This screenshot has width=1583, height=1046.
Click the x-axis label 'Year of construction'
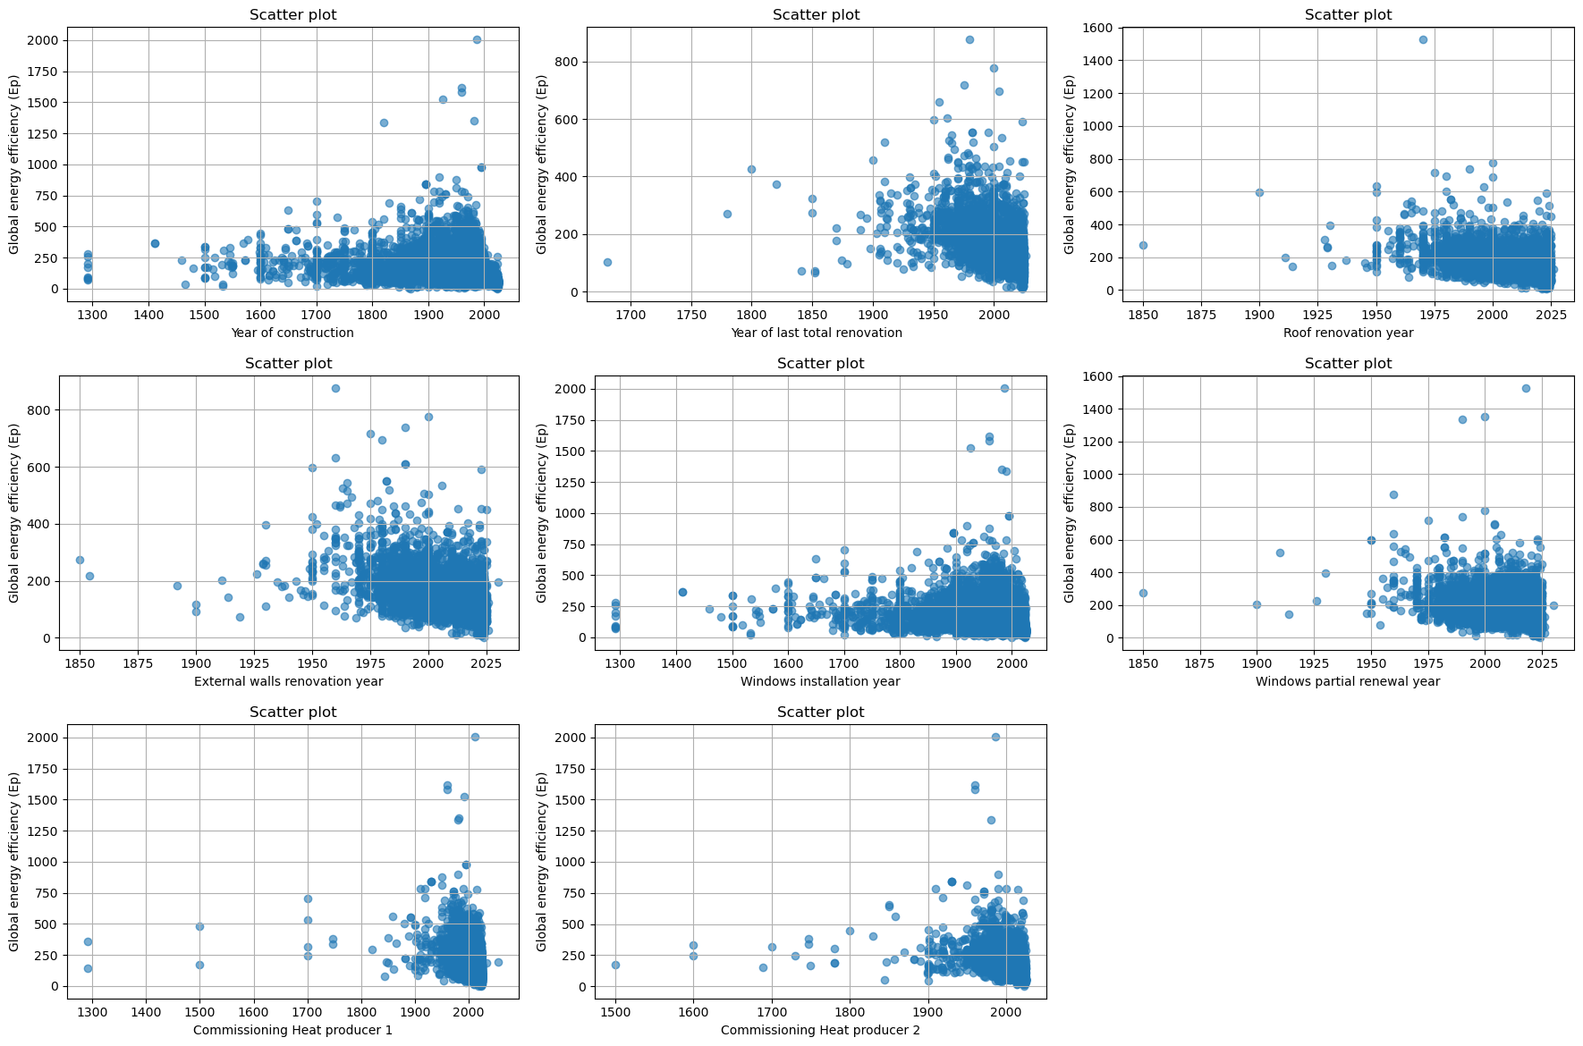tap(292, 333)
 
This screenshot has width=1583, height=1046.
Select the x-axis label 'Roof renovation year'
tap(1348, 333)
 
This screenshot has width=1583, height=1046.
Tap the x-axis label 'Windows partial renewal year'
tap(1348, 681)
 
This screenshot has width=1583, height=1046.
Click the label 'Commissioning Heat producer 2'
tap(820, 1030)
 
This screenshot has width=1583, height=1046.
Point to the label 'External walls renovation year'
tap(288, 681)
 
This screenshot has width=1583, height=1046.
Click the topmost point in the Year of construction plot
tap(477, 39)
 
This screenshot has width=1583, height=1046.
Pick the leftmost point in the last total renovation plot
tap(607, 262)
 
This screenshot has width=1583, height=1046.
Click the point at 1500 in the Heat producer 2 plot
tap(615, 965)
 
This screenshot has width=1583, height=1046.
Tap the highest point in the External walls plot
tap(335, 388)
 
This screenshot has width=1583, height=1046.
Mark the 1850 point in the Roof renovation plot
tap(1143, 245)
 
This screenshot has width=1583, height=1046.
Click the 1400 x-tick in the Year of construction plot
tap(148, 315)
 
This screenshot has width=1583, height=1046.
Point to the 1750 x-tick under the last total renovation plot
tap(691, 315)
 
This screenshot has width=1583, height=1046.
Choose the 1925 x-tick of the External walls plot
tap(254, 663)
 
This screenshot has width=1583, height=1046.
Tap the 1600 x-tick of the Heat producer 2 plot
tap(693, 1012)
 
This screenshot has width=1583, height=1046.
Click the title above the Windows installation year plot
tap(820, 363)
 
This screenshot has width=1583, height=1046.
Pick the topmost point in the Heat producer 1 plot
tap(475, 737)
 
